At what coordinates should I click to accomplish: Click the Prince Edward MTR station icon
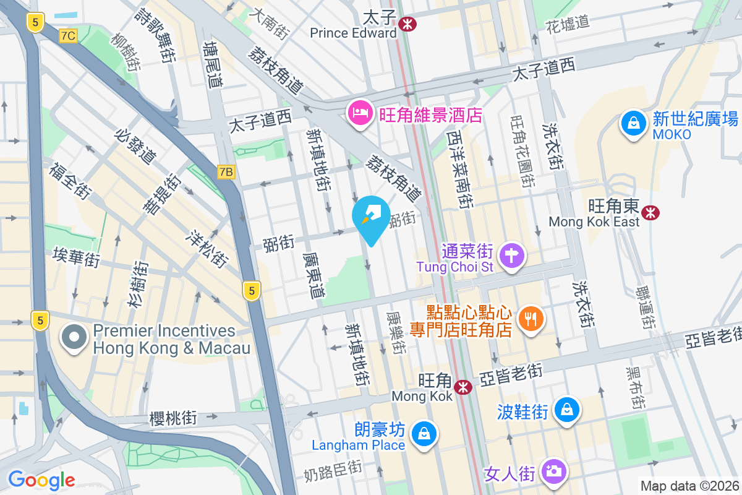point(407,24)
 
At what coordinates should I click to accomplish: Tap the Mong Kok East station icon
point(650,213)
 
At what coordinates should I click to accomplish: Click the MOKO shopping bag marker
point(634,123)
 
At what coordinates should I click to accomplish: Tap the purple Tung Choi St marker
point(513,255)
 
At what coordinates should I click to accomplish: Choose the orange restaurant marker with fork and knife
point(531,319)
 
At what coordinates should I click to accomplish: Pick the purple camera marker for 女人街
point(552,471)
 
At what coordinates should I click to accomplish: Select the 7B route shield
point(226,172)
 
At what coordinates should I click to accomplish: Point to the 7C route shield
point(68,36)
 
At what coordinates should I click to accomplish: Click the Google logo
point(41,480)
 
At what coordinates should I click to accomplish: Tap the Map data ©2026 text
point(689,486)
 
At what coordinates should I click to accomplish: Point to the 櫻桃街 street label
point(173,418)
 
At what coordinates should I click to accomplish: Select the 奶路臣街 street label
point(333,473)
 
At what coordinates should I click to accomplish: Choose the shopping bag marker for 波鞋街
point(566,410)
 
